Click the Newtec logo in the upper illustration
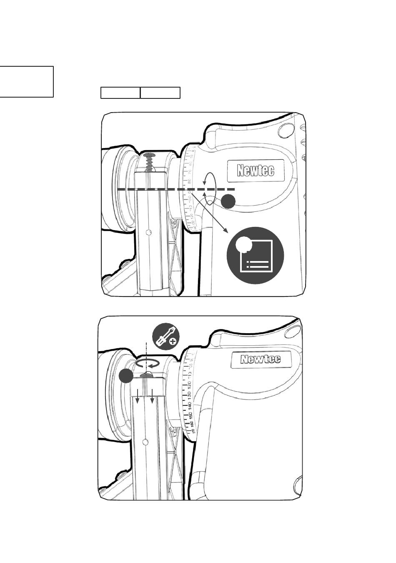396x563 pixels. (x=256, y=170)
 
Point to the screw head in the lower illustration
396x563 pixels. (x=146, y=375)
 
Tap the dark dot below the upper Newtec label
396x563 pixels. (x=228, y=201)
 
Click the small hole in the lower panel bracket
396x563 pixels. (x=144, y=441)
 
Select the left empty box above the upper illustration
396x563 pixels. (x=120, y=93)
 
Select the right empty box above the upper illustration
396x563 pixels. (x=160, y=93)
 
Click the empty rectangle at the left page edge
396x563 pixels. (x=26, y=82)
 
